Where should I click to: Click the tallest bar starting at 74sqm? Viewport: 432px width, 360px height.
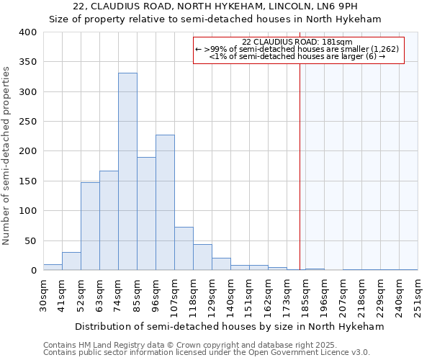click(x=127, y=171)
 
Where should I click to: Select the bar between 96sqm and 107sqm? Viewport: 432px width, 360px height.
click(x=165, y=202)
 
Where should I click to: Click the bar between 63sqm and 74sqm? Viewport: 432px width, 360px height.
click(x=109, y=220)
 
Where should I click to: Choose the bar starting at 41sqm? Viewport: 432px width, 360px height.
click(x=71, y=261)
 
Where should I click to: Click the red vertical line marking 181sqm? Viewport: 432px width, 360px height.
click(x=300, y=158)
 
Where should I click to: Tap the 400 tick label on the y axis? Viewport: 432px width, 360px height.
click(x=27, y=32)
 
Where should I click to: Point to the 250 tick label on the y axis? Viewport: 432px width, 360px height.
click(x=27, y=122)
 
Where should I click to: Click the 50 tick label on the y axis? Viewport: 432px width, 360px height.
click(x=30, y=240)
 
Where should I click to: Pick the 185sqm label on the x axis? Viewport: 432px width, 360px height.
click(x=305, y=295)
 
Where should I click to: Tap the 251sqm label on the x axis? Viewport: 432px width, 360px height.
click(x=418, y=295)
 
